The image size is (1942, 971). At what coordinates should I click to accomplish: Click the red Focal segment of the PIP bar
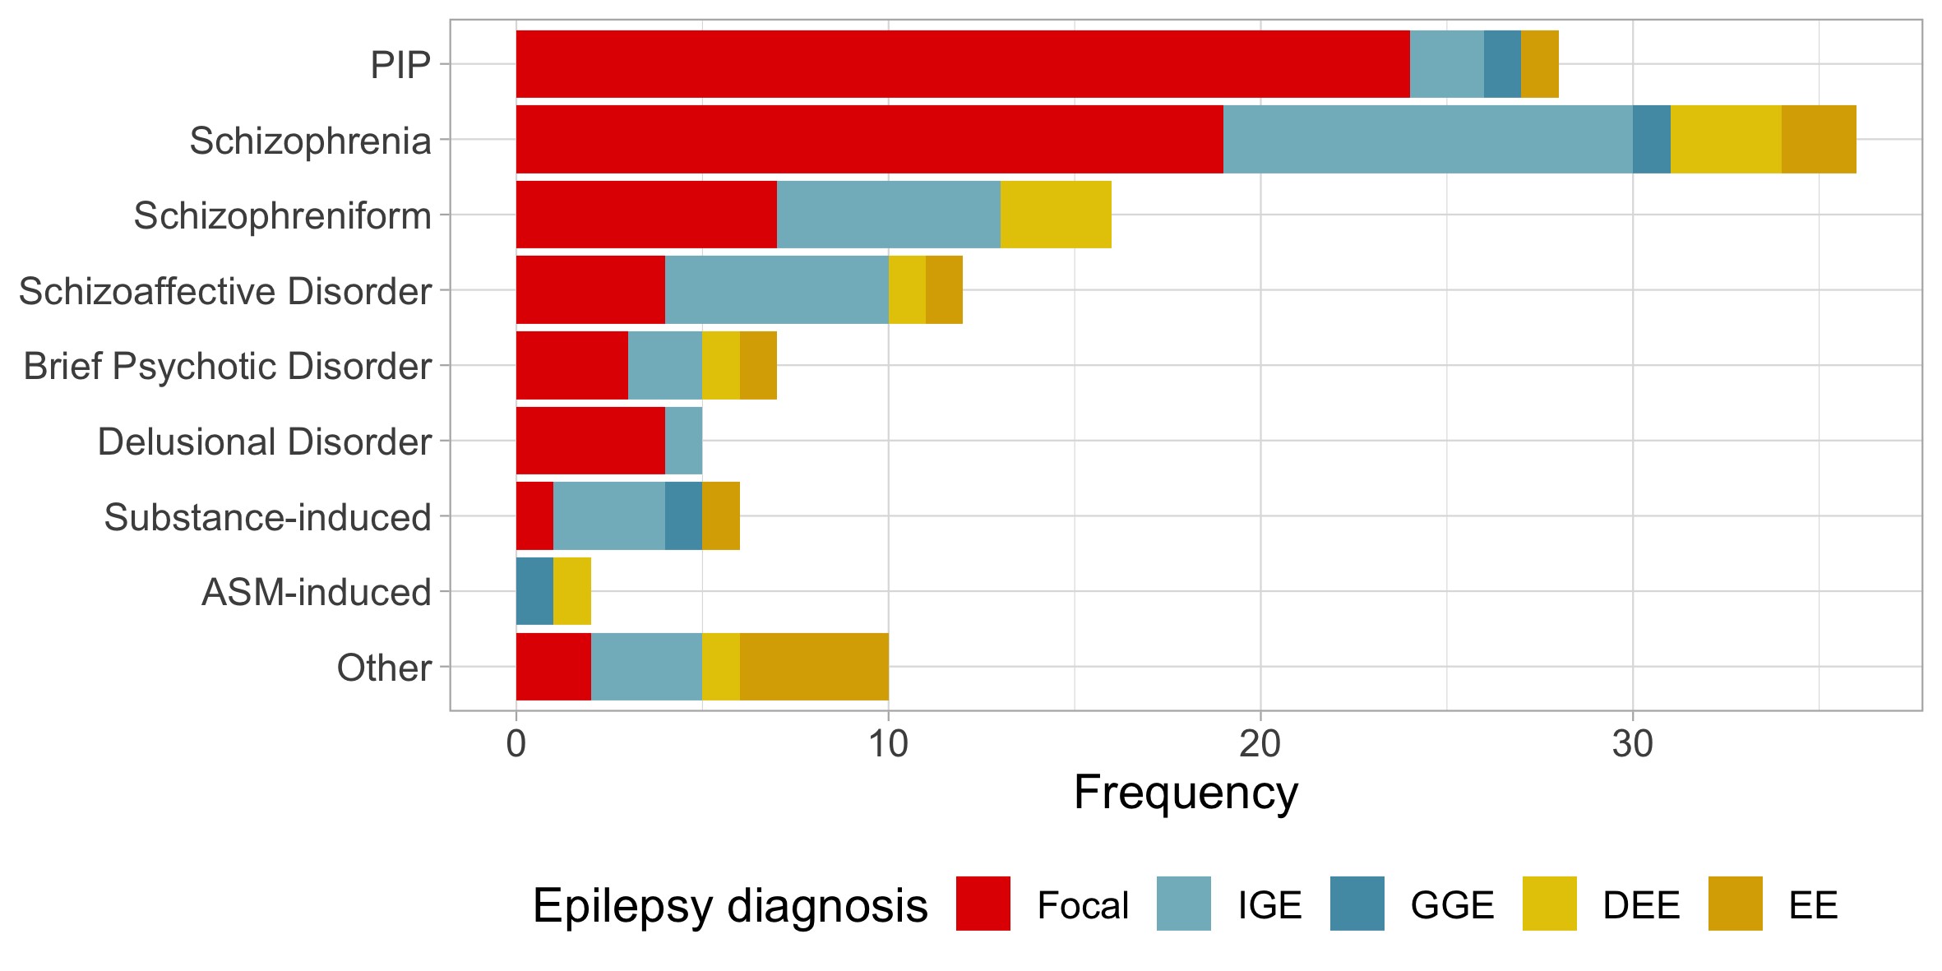click(x=962, y=64)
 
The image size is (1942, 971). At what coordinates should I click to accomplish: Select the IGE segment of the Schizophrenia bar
click(x=1427, y=140)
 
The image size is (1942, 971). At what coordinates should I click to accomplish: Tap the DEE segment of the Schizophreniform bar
click(x=1056, y=215)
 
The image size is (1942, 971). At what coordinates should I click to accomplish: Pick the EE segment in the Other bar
click(x=814, y=667)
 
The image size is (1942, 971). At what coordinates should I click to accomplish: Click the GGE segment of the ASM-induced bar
click(x=534, y=591)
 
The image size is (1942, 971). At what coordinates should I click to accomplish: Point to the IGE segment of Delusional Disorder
click(x=683, y=441)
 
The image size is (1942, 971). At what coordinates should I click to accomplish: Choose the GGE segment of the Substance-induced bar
click(x=683, y=516)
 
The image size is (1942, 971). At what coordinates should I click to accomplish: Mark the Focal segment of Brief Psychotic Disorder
click(x=571, y=366)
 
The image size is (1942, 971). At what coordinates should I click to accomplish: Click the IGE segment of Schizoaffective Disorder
click(x=776, y=290)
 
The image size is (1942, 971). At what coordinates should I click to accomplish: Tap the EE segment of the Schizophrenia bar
click(x=1819, y=140)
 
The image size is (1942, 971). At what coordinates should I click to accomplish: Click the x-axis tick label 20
click(x=1260, y=745)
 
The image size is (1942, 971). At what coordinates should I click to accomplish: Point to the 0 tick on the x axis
click(x=516, y=745)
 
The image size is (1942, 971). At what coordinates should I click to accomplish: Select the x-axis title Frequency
click(x=1186, y=793)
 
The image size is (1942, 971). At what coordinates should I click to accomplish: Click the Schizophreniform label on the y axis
click(x=282, y=216)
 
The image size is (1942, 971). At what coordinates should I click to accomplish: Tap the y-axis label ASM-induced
click(x=317, y=592)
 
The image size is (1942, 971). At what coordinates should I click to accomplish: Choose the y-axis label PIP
click(x=400, y=65)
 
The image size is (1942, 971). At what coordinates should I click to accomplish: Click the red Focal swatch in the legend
click(x=983, y=904)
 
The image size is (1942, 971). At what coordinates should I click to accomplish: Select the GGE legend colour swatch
click(x=1357, y=904)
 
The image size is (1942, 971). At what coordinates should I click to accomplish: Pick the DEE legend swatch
click(x=1549, y=904)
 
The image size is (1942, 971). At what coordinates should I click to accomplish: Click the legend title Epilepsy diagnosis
click(x=730, y=906)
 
